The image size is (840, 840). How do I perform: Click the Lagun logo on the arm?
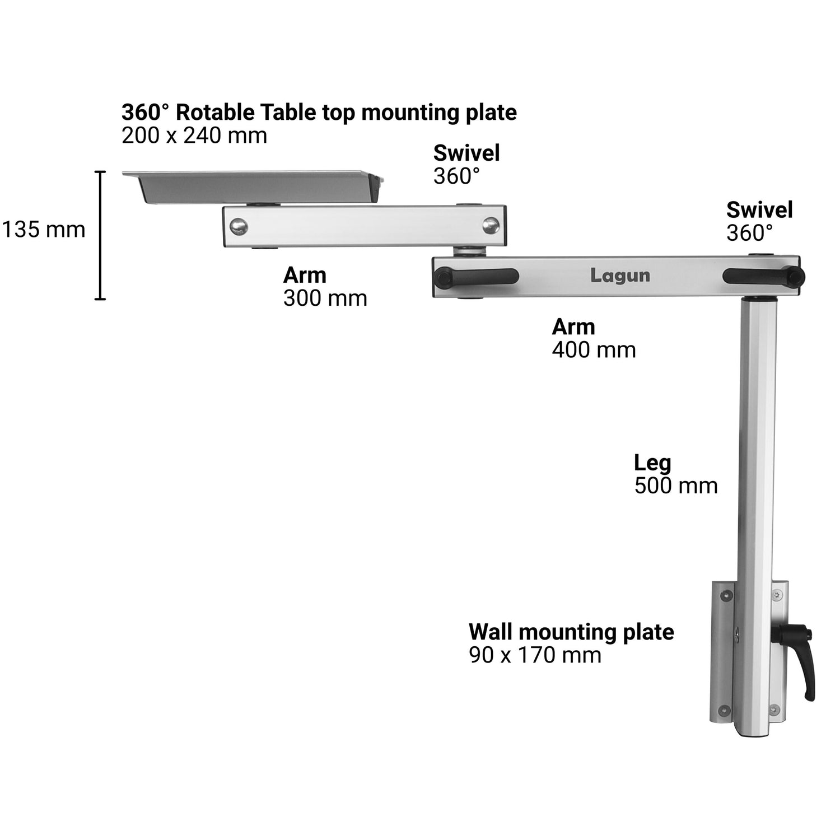(620, 276)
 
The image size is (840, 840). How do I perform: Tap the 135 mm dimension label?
(44, 230)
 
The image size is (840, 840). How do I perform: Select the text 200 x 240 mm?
(194, 136)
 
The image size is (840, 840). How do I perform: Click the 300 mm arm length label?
(325, 298)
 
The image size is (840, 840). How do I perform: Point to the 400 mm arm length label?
(594, 350)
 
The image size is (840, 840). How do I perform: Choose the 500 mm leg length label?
(676, 486)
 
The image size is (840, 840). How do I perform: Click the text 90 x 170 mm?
(535, 655)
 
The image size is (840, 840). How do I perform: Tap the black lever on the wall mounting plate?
(795, 661)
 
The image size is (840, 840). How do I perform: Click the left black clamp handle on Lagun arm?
(476, 276)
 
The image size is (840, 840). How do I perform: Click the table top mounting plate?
(253, 187)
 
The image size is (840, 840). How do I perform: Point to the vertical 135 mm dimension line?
(100, 235)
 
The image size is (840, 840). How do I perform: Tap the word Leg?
(652, 463)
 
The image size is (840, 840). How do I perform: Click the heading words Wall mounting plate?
(571, 632)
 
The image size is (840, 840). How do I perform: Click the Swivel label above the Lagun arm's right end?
(759, 210)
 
